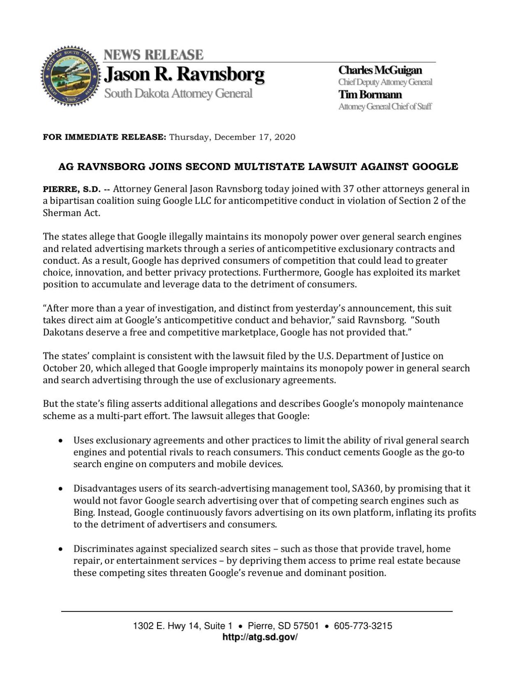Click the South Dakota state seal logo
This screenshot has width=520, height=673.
coord(71,76)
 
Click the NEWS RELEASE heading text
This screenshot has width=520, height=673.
coord(153,55)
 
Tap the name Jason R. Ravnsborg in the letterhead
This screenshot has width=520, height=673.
coord(184,74)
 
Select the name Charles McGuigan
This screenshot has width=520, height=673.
coord(380,70)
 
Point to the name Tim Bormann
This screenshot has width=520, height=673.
coord(370,94)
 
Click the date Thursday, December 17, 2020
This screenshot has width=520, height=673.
coord(232,137)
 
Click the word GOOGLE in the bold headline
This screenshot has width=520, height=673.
coord(435,166)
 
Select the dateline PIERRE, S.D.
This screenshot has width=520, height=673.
coord(72,189)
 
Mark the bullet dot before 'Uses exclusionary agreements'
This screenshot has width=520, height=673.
coord(61,440)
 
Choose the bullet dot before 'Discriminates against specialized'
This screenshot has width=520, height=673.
coord(61,549)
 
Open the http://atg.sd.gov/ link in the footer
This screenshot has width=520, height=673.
coord(260,637)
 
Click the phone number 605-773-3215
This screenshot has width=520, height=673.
coord(363,626)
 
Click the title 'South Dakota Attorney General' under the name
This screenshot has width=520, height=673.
coord(178,94)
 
